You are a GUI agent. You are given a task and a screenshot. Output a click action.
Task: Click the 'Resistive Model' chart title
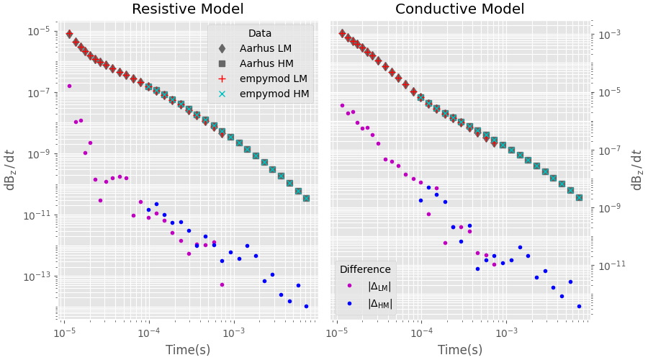point(187,9)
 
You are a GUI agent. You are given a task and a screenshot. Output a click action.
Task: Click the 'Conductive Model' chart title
point(459,9)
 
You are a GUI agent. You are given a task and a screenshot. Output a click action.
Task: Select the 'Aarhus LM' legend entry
point(262,48)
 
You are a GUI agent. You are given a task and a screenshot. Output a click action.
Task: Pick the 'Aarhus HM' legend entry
point(262,63)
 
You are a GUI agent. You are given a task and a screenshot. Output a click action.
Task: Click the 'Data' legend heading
point(260,33)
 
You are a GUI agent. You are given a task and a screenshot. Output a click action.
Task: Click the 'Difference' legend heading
point(365,269)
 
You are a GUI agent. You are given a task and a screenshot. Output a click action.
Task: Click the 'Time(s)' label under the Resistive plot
point(188,350)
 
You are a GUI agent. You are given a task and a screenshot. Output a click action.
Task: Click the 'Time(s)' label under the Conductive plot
point(460,350)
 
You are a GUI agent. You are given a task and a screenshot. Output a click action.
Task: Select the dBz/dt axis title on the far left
point(10,170)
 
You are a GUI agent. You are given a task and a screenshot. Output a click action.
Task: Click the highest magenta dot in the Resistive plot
point(69,86)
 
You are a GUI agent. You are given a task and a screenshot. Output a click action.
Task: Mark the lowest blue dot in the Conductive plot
point(579,306)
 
